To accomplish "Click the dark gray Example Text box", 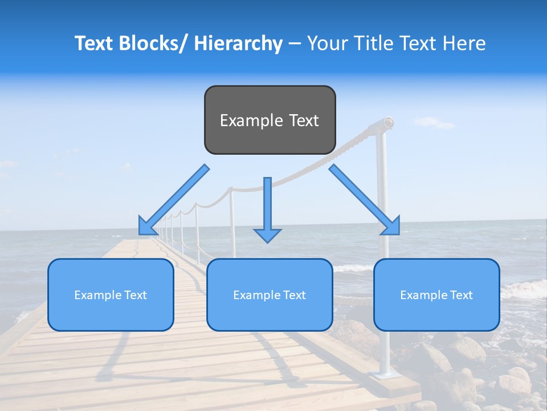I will tap(270, 120).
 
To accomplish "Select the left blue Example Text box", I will tap(111, 295).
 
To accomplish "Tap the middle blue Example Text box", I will tap(269, 295).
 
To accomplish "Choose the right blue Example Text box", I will tap(436, 295).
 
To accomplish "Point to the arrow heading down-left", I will tap(174, 200).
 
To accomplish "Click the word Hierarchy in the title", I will tap(238, 43).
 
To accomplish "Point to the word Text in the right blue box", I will tap(461, 295).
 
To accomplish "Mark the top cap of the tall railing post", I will tap(388, 122).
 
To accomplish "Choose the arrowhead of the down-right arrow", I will tap(392, 227).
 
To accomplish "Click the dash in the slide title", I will tap(295, 43).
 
